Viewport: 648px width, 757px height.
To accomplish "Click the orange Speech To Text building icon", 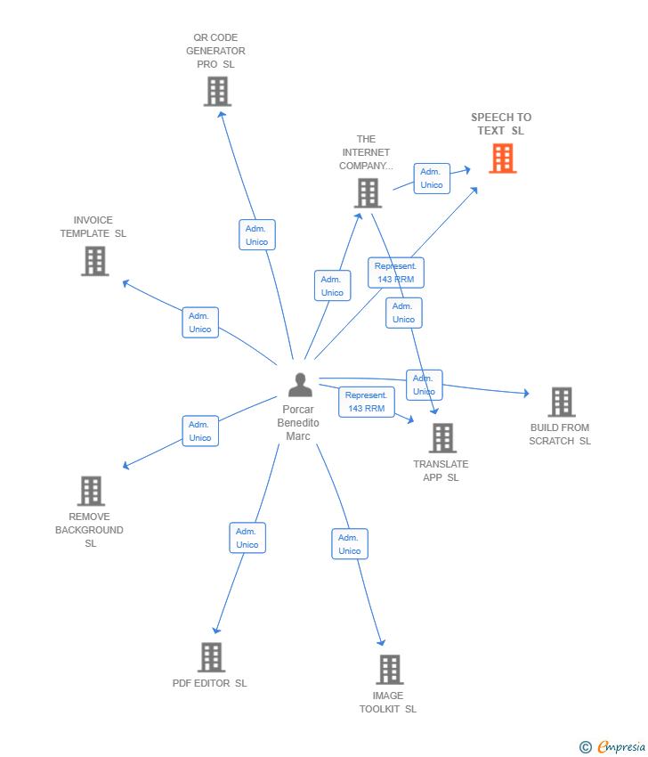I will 502,159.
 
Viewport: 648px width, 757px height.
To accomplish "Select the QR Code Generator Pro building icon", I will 217,91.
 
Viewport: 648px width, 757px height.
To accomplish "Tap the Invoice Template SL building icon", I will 94,261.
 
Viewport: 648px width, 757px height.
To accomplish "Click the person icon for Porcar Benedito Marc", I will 300,385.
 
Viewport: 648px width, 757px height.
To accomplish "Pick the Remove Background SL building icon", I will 91,491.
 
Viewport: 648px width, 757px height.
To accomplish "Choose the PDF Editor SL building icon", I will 211,657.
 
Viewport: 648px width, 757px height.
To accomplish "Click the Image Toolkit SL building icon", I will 389,669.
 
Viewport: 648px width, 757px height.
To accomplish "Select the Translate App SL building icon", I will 441,438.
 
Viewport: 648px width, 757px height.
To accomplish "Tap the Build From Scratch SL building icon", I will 561,402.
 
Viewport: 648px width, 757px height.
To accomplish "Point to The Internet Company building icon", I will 367,192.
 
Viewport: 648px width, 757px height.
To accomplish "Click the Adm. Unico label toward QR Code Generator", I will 257,235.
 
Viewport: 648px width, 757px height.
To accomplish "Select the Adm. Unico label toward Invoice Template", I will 200,322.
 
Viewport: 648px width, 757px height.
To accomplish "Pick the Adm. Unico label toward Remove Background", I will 200,431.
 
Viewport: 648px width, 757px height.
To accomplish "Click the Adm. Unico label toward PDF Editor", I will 247,538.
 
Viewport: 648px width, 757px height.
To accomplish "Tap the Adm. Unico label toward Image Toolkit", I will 350,544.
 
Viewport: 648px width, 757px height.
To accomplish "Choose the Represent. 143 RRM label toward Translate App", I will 366,402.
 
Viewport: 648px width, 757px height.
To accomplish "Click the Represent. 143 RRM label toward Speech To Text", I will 396,273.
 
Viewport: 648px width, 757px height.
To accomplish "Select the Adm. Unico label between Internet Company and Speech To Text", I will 432,178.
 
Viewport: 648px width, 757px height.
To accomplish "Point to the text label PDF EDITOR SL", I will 210,683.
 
